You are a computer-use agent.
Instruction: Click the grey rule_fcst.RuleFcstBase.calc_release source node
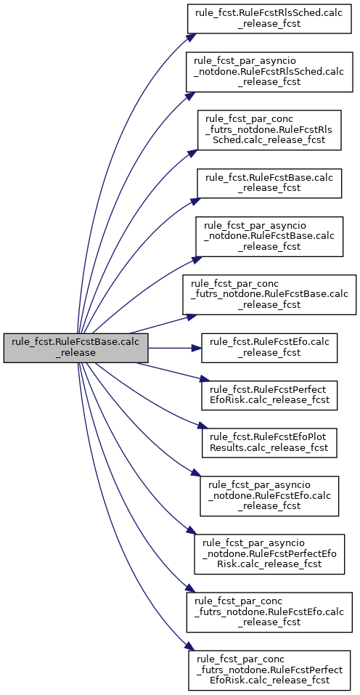75,349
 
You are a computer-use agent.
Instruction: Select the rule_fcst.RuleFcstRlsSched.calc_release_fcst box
269,19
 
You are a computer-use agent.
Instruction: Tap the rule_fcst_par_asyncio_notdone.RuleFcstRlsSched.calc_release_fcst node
269,72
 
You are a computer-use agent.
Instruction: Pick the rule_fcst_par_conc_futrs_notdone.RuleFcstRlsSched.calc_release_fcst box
269,130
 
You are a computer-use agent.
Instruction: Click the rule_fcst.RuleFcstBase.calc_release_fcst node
269,184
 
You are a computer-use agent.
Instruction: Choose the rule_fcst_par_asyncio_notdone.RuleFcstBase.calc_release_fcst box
269,237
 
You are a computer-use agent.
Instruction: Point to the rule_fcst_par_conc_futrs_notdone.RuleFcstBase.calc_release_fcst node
269,295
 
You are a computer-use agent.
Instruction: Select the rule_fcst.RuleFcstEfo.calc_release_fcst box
269,349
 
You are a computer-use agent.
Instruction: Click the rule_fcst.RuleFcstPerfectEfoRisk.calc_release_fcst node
269,396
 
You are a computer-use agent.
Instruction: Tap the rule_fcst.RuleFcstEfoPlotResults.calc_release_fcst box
269,443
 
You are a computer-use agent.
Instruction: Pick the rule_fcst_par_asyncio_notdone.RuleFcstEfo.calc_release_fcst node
269,496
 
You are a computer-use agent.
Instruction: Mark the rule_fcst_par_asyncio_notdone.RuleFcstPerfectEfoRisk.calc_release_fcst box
269,554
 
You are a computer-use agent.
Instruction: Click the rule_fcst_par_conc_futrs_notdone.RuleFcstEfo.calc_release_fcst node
269,612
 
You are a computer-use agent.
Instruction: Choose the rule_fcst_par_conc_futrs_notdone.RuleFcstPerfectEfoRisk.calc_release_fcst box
269,670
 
